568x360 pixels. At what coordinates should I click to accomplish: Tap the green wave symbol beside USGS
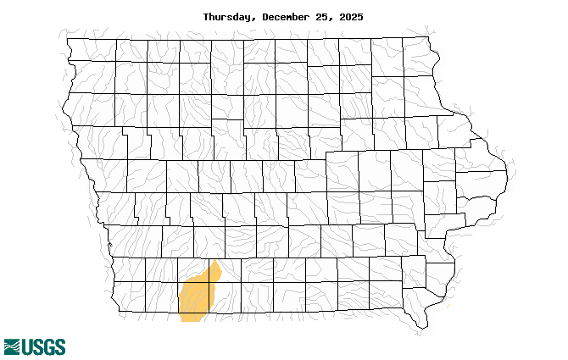point(12,346)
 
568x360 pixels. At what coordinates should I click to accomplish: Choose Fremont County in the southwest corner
point(130,297)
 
